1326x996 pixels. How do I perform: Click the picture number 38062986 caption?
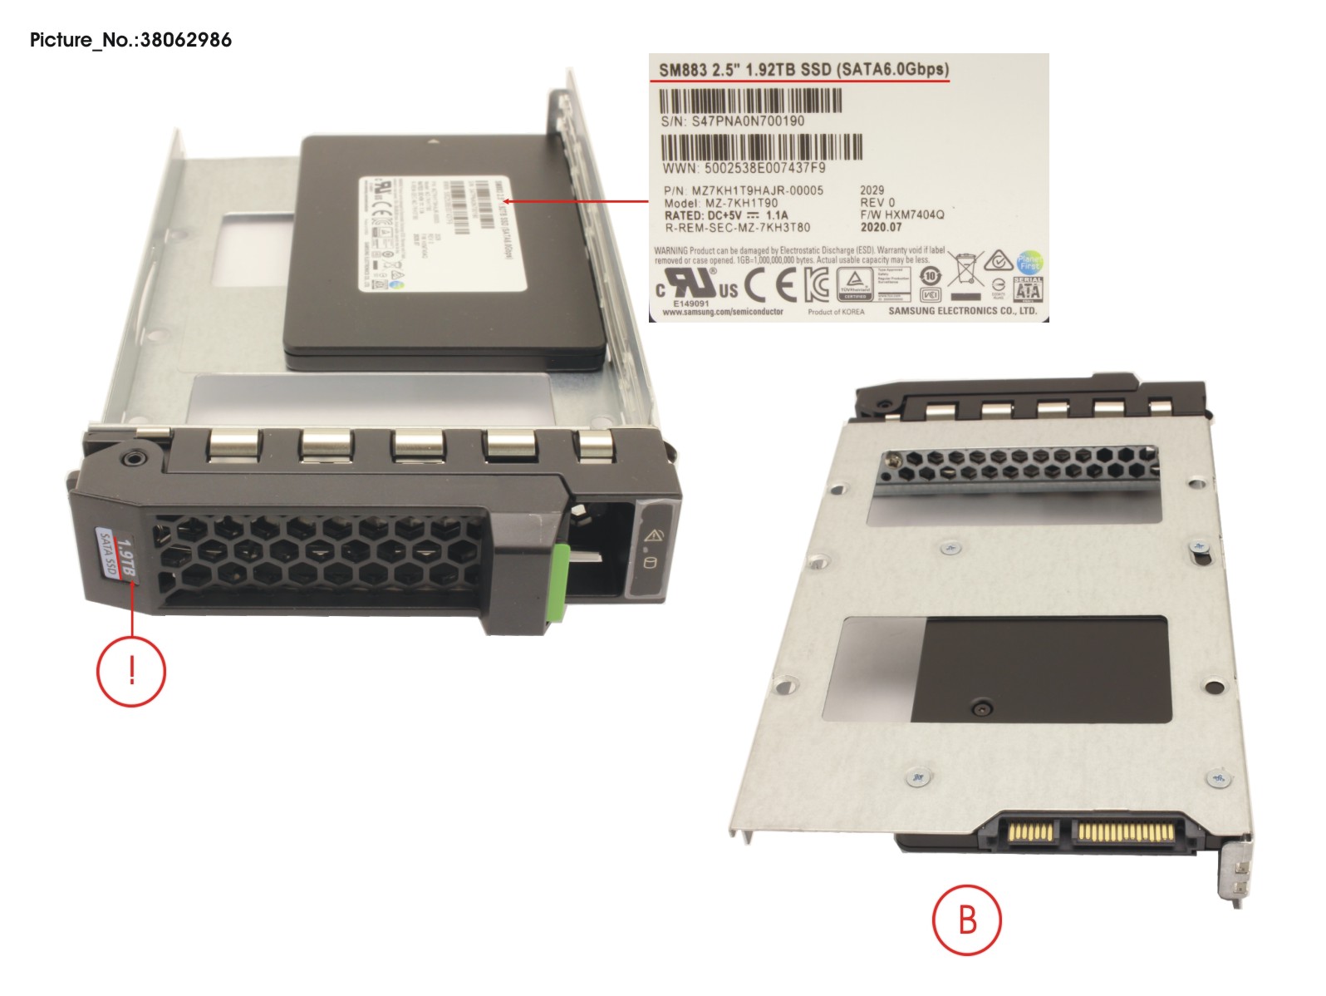pos(130,40)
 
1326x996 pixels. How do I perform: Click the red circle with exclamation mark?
pos(131,671)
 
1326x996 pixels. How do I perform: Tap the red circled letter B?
pos(966,920)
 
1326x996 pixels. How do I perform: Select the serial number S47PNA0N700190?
pos(747,121)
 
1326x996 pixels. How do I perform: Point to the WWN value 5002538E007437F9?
pos(764,168)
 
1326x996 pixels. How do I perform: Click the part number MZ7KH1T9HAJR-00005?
pos(757,190)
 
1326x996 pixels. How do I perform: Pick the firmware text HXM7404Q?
pos(914,214)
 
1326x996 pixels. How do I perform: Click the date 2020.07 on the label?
pos(881,227)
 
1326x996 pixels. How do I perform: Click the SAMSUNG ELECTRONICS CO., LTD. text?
pos(962,311)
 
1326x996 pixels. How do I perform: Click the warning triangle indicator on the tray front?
pos(653,535)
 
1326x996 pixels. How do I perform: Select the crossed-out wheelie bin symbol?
pos(965,269)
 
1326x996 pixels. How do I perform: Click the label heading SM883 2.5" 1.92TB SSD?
pos(803,70)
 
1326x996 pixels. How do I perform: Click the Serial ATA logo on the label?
pos(1027,288)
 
